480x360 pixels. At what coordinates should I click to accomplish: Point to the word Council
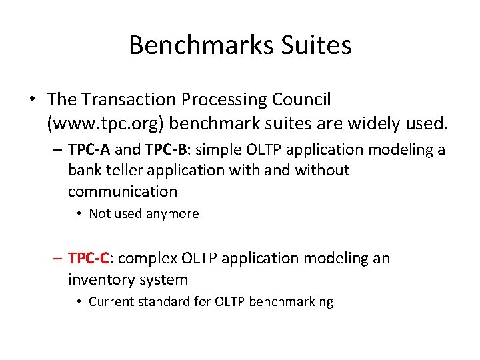pyautogui.click(x=302, y=100)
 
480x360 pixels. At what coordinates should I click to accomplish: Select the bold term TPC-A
pyautogui.click(x=90, y=149)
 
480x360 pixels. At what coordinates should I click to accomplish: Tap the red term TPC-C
pyautogui.click(x=90, y=258)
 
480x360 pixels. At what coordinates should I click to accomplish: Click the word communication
pyautogui.click(x=123, y=192)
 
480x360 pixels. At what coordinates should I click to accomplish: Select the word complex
pyautogui.click(x=143, y=258)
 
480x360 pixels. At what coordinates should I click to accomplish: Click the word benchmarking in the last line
pyautogui.click(x=291, y=302)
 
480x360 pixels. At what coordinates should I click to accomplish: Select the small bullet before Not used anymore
pyautogui.click(x=79, y=214)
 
